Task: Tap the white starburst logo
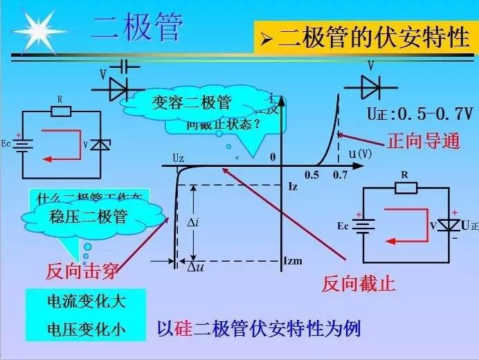point(37,29)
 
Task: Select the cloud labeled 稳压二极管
point(88,217)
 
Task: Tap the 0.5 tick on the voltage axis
point(312,175)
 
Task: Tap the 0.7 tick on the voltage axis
point(339,175)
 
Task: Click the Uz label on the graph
point(178,159)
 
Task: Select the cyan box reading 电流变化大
point(76,301)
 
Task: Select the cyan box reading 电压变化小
point(76,328)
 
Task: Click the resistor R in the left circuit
point(60,109)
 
